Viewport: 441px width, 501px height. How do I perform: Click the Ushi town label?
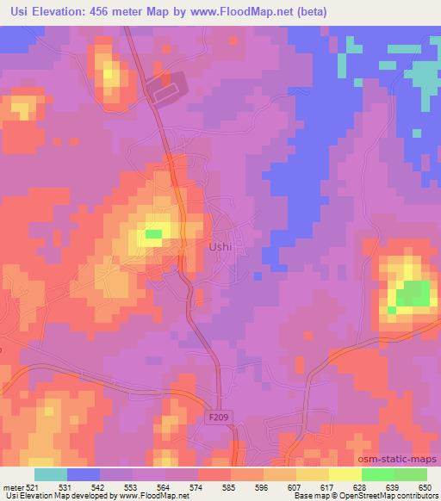tap(220, 245)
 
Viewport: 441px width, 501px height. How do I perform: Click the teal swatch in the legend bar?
tap(52, 474)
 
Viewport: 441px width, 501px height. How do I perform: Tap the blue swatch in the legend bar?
tap(84, 474)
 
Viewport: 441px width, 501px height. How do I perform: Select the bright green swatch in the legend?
tap(377, 474)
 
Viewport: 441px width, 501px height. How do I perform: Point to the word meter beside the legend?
tap(14, 487)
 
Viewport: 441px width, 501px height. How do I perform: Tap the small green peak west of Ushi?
tap(153, 233)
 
